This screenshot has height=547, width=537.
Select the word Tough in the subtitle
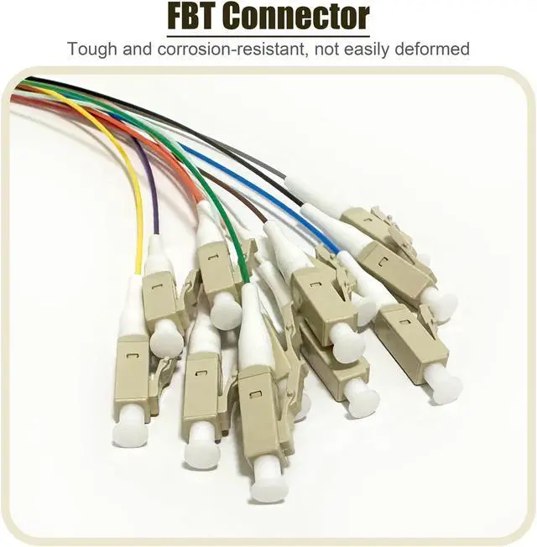tap(92, 48)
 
